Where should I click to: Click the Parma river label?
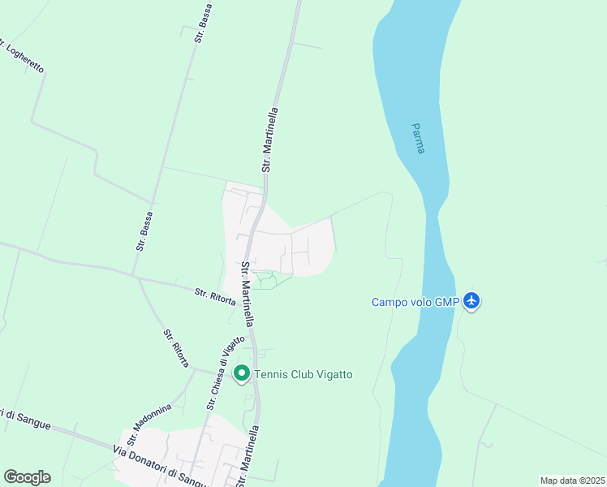[418, 139]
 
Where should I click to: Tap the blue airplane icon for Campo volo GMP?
[472, 302]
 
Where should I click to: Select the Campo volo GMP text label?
[415, 302]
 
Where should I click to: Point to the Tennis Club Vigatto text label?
[303, 374]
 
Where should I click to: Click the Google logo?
[28, 477]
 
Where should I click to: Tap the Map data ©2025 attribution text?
[571, 481]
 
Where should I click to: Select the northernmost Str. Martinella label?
[270, 140]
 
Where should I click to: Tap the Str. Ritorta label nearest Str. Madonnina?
[176, 348]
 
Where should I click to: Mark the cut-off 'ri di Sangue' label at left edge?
[26, 420]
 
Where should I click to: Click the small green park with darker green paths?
[270, 280]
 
